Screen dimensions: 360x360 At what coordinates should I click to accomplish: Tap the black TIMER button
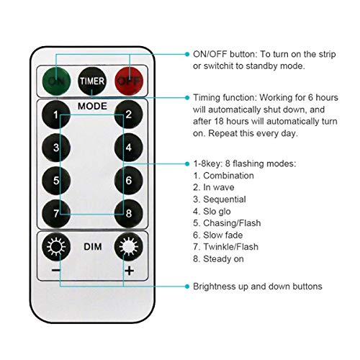(92, 81)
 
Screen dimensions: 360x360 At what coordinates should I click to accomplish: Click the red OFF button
(129, 81)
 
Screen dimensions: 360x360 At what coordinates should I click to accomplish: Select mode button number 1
(56, 114)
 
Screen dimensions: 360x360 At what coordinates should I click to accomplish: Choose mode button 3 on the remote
(56, 148)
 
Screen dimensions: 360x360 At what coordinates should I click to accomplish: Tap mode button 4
(129, 148)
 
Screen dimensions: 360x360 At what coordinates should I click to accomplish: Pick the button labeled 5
(56, 180)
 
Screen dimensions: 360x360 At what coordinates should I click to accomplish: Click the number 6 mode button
(129, 180)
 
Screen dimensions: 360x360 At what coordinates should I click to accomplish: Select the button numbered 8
(129, 213)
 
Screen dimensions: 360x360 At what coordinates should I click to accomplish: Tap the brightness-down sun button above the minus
(56, 246)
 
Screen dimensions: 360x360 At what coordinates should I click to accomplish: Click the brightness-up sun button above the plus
(129, 246)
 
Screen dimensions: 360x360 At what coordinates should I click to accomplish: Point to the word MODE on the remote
(92, 106)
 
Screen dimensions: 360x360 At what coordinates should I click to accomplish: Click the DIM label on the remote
(93, 247)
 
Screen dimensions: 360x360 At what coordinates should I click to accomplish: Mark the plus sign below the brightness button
(130, 271)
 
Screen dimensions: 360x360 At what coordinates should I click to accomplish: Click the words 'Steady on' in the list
(223, 258)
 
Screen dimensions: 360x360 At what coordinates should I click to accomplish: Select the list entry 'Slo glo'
(217, 211)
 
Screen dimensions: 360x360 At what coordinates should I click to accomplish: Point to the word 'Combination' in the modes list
(228, 176)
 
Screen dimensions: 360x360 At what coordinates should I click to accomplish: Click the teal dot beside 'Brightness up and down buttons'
(187, 287)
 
